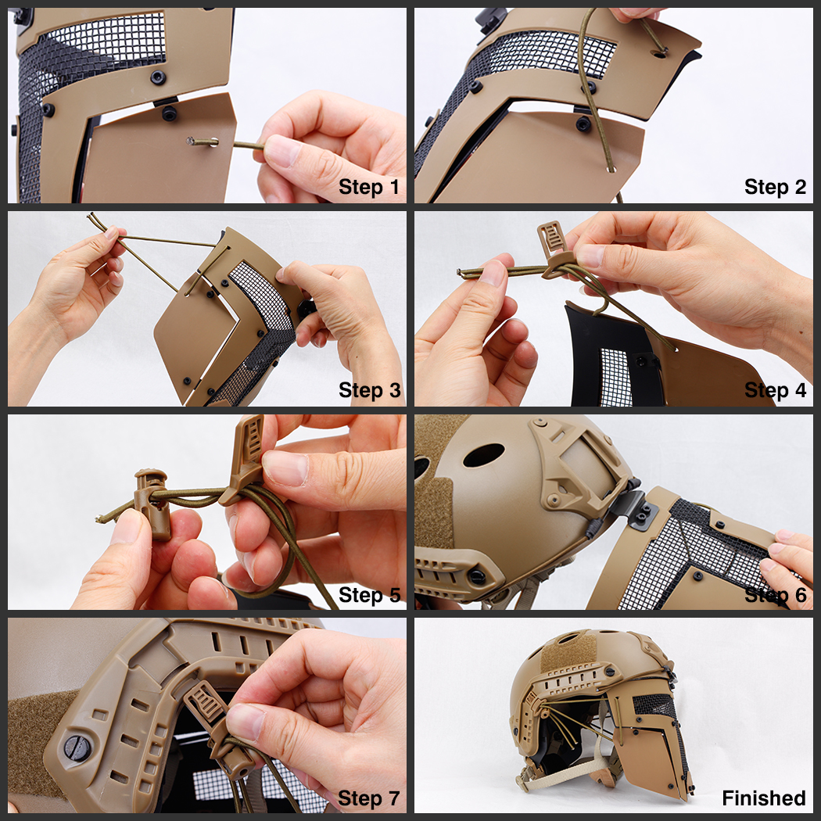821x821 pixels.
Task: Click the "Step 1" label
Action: tap(368, 187)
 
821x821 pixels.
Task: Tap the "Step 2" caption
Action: tap(775, 187)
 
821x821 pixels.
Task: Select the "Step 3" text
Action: tap(369, 390)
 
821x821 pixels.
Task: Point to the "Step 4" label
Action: tap(775, 390)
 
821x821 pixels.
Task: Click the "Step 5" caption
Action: tap(369, 595)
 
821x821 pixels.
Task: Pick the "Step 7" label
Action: tap(368, 798)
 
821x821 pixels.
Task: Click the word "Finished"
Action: tap(763, 798)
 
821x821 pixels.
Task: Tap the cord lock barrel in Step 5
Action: tap(152, 504)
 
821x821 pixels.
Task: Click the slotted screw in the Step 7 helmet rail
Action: tap(77, 748)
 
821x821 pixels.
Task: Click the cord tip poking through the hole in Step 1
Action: tap(192, 141)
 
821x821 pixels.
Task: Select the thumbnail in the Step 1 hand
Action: tap(281, 151)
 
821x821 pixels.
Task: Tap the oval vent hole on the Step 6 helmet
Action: tap(483, 454)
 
